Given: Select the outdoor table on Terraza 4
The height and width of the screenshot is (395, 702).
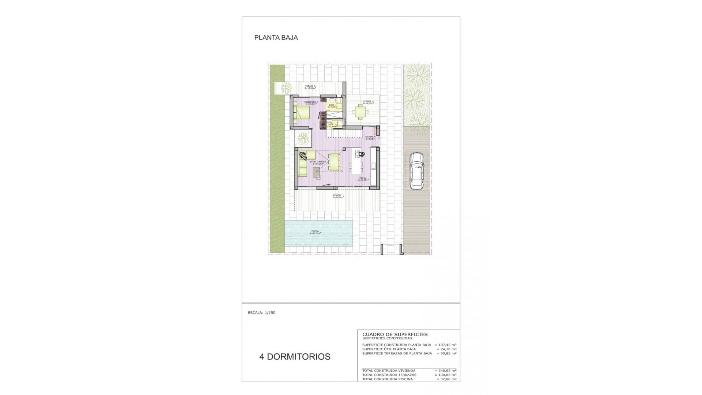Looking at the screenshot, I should [x=361, y=112].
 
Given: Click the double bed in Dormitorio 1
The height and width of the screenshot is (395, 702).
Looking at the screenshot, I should [x=302, y=113].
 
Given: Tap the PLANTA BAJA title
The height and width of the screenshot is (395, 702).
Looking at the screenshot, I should [x=276, y=38].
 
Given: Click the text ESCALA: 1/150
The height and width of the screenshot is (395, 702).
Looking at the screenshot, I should [x=261, y=313].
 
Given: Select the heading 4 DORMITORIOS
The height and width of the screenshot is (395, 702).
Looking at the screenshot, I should [x=295, y=357].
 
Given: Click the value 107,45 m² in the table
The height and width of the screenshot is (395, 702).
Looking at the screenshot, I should [x=447, y=345].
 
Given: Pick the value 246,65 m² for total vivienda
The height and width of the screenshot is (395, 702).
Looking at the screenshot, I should [x=447, y=370].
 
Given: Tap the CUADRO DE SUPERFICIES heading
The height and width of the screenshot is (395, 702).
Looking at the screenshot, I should [x=395, y=334].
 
